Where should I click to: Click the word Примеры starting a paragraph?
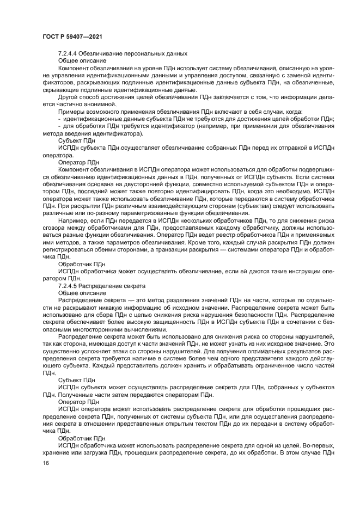(x=71, y=111)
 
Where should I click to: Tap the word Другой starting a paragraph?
(x=69, y=96)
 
